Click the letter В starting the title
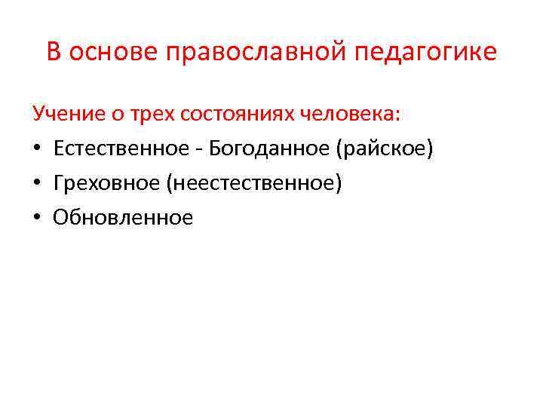[54, 52]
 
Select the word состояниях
[234, 115]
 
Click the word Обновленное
[123, 218]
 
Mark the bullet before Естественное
[37, 149]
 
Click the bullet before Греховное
[37, 184]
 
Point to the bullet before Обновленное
[37, 219]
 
